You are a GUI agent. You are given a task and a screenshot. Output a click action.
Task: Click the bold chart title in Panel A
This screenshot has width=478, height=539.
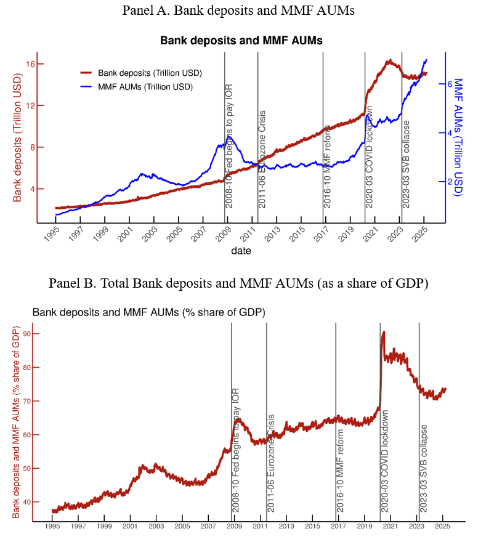(x=241, y=41)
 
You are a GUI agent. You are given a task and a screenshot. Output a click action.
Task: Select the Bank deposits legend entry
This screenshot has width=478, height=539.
(x=150, y=73)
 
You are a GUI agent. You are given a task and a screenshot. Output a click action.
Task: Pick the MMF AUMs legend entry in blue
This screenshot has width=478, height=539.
(x=145, y=87)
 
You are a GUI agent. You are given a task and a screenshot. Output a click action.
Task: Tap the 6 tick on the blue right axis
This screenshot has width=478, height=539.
(x=450, y=84)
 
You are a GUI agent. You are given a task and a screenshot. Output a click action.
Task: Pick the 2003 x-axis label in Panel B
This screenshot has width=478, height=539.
(x=155, y=527)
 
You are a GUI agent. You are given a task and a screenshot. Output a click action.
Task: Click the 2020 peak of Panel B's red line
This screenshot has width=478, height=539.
(x=384, y=332)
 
